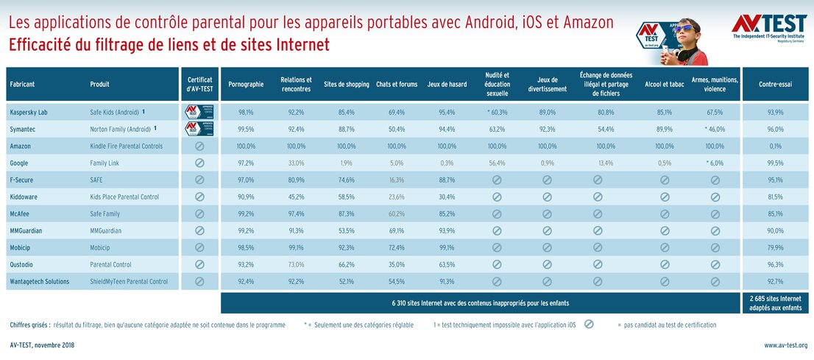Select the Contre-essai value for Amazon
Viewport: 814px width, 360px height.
pos(775,147)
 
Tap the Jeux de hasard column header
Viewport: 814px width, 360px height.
pos(446,85)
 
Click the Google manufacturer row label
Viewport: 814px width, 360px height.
pos(21,163)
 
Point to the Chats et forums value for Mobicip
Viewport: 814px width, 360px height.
pos(396,247)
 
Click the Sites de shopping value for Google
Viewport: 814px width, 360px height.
pos(346,163)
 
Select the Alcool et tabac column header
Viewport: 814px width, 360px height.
pos(664,85)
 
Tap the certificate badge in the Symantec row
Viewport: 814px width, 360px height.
pos(199,130)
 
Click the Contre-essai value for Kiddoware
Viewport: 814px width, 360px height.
pos(775,197)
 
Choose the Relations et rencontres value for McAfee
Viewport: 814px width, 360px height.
pos(296,213)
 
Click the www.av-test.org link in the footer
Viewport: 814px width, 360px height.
pos(785,345)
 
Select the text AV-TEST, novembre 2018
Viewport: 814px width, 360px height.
pos(42,345)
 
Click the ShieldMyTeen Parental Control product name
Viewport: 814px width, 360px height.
pos(129,281)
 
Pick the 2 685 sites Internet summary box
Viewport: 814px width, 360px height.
pos(775,303)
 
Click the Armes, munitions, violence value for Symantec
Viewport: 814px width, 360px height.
pos(714,130)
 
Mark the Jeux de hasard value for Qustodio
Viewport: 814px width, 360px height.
pos(446,264)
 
